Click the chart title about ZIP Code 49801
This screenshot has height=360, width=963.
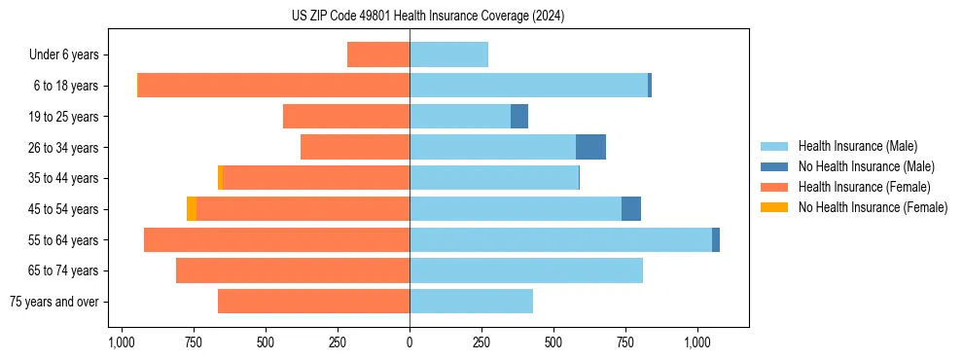click(428, 17)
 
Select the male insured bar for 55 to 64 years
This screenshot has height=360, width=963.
click(560, 239)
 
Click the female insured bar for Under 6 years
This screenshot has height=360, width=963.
click(378, 55)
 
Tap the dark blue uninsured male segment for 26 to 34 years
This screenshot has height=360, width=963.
click(590, 147)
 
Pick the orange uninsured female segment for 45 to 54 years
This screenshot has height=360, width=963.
click(192, 208)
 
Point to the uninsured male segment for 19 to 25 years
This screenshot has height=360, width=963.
click(519, 117)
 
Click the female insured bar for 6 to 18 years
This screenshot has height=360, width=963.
click(273, 86)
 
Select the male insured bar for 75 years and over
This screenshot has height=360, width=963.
click(471, 302)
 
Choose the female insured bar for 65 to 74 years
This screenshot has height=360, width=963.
click(293, 270)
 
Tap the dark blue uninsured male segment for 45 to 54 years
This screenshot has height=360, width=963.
click(631, 208)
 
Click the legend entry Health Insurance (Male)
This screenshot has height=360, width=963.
click(857, 146)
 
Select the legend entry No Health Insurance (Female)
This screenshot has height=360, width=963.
click(873, 207)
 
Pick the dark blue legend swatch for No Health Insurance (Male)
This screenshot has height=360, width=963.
click(774, 166)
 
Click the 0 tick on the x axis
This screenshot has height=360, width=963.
click(410, 343)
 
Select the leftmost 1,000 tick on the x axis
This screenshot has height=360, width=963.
click(121, 343)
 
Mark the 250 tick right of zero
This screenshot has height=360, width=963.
click(481, 343)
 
